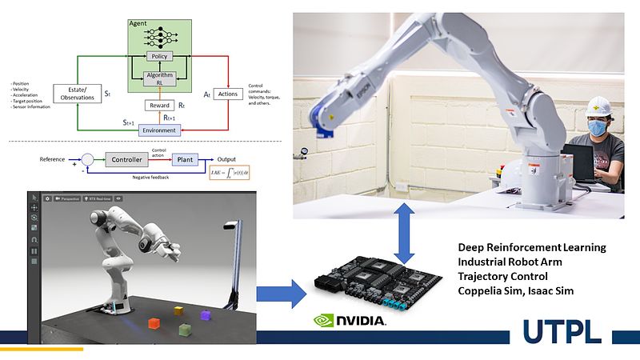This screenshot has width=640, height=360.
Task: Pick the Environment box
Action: [159, 130]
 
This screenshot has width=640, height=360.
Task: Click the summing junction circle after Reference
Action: [88, 159]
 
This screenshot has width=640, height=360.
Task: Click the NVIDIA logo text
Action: [358, 321]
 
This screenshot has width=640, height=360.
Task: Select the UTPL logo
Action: [563, 330]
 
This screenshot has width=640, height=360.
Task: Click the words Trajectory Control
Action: [503, 276]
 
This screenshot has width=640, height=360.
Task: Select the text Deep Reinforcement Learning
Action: [531, 247]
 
